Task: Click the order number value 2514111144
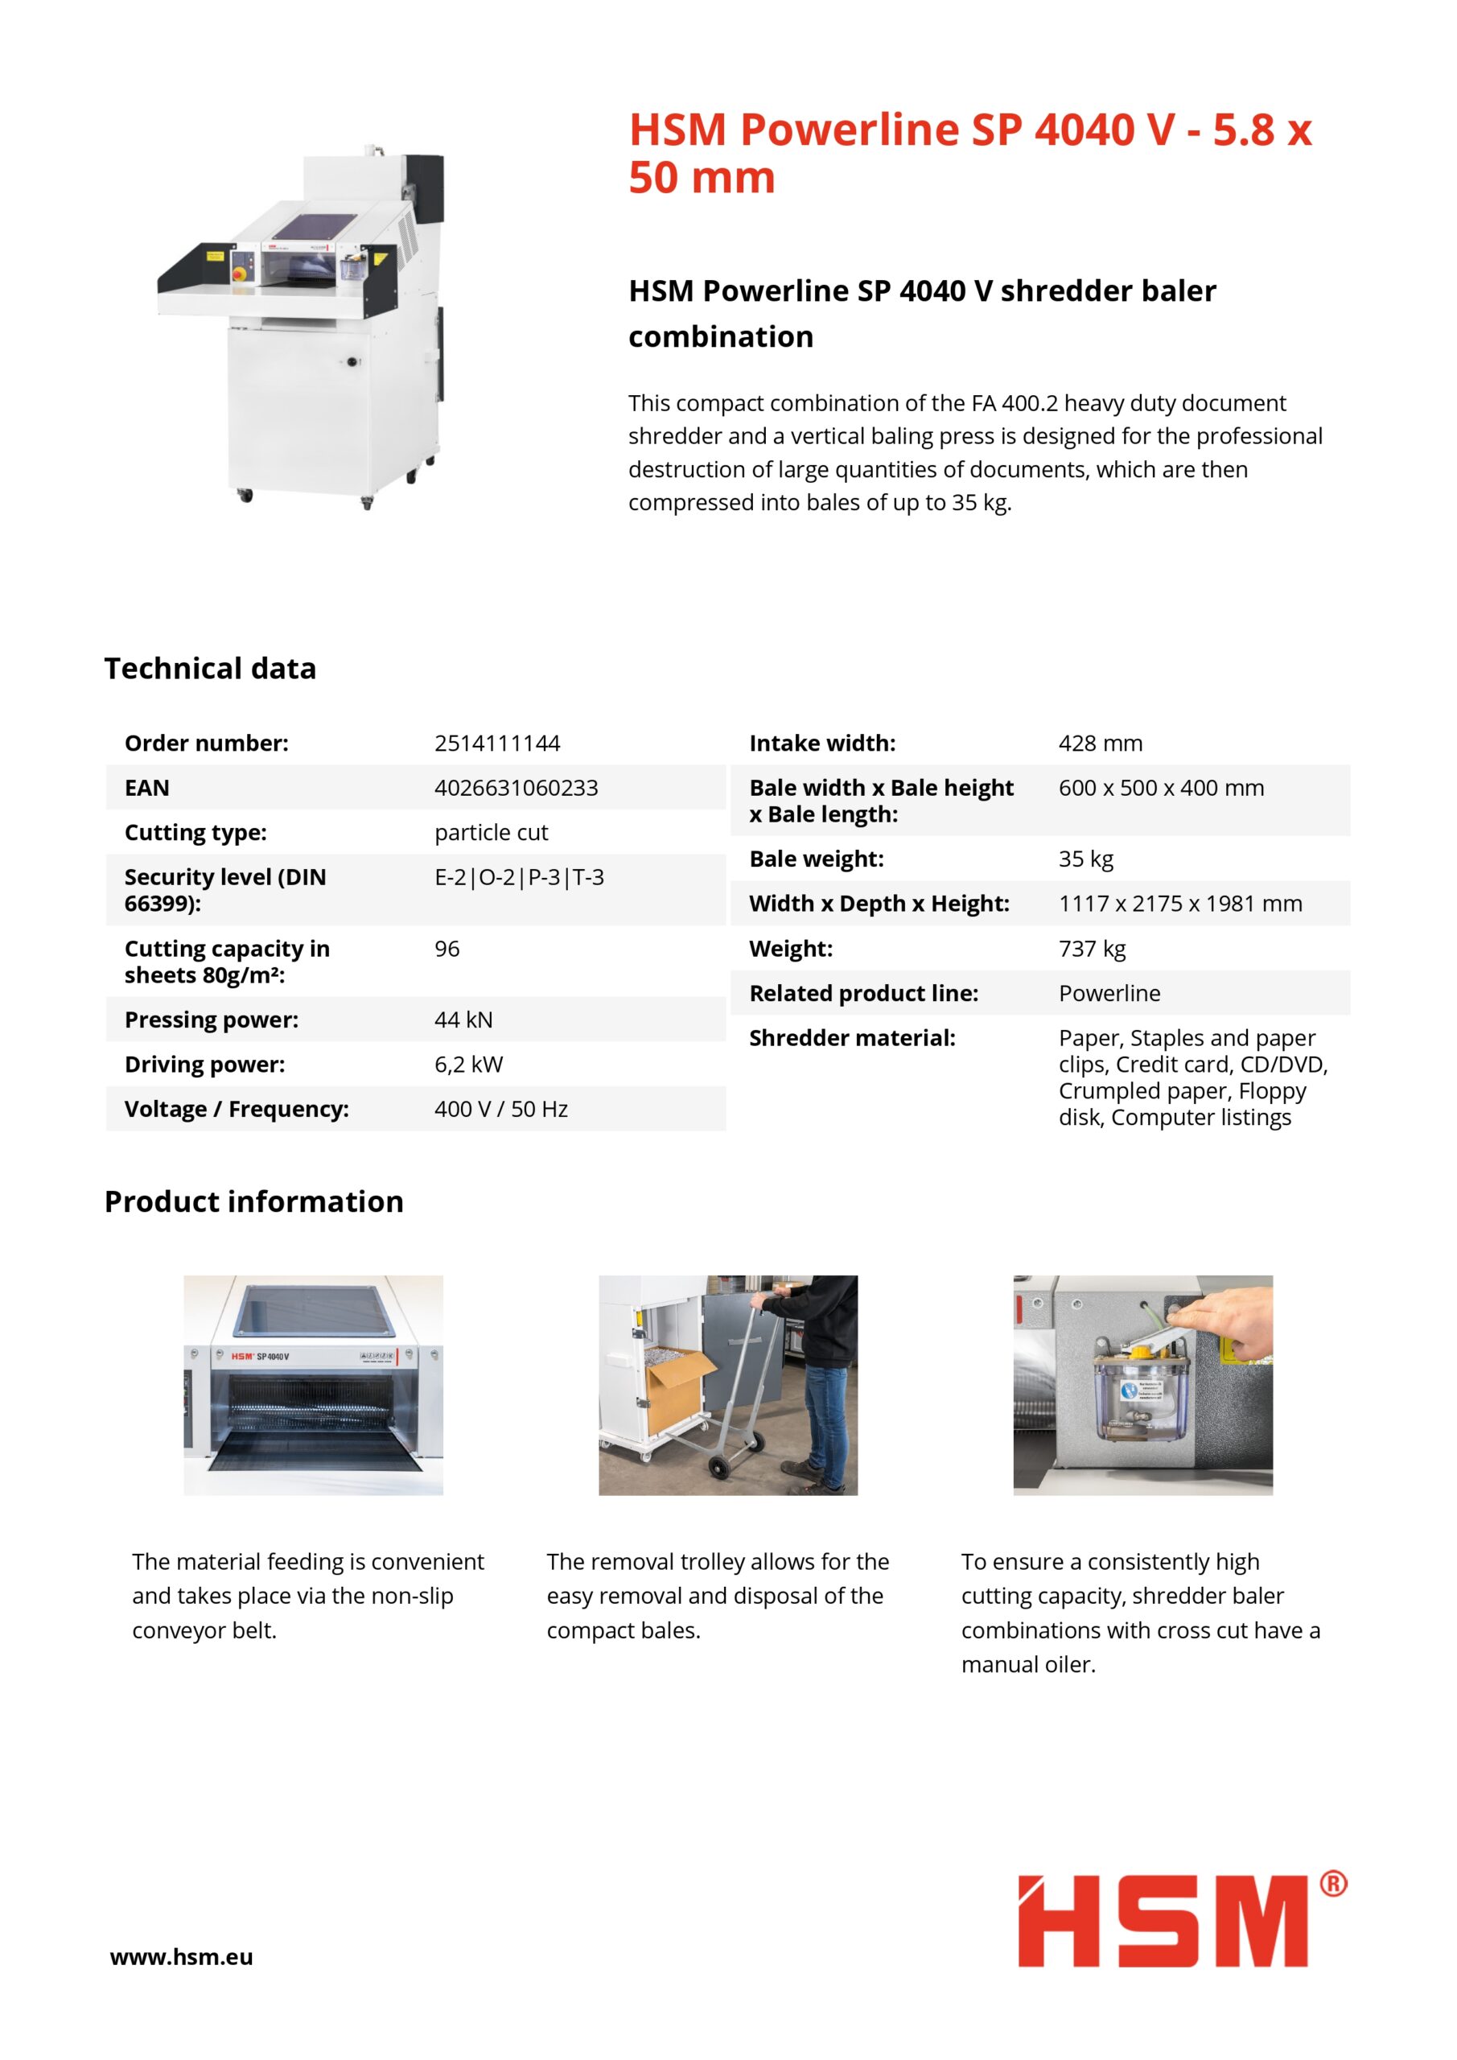pyautogui.click(x=497, y=743)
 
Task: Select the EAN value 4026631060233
pyautogui.click(x=516, y=788)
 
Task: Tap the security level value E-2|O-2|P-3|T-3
pyautogui.click(x=519, y=876)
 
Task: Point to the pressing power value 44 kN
pyautogui.click(x=463, y=1020)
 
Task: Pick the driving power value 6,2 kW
pyautogui.click(x=468, y=1064)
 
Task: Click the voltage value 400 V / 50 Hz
pyautogui.click(x=500, y=1109)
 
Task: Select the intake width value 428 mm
pyautogui.click(x=1100, y=743)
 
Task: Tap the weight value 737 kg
pyautogui.click(x=1092, y=949)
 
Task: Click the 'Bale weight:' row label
pyautogui.click(x=817, y=859)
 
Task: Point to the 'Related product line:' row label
pyautogui.click(x=863, y=993)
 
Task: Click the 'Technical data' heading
pyautogui.click(x=210, y=669)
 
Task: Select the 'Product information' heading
pyautogui.click(x=254, y=1201)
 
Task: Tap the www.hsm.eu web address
pyautogui.click(x=181, y=1957)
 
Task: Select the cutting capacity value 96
pyautogui.click(x=447, y=949)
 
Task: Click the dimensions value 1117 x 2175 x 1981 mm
pyautogui.click(x=1179, y=904)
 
